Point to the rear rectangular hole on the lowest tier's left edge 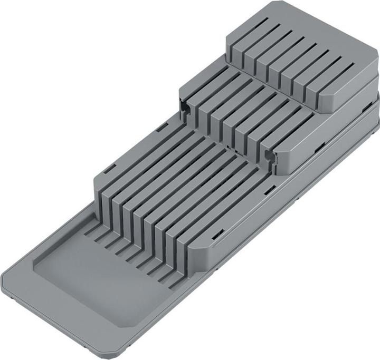pos(162,126)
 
